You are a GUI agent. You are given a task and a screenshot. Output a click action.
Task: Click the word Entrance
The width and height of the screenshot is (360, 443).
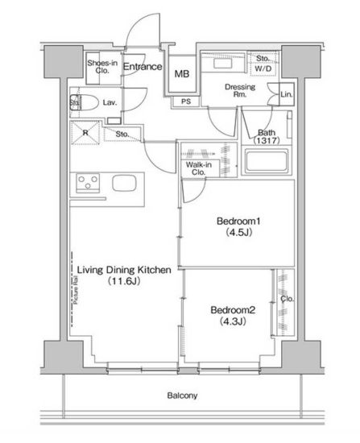143,67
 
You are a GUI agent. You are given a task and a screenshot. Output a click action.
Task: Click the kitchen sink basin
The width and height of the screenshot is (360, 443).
123,183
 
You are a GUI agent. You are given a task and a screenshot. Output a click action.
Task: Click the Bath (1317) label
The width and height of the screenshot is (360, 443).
267,138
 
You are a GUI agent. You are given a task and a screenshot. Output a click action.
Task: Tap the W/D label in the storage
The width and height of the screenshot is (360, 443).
263,68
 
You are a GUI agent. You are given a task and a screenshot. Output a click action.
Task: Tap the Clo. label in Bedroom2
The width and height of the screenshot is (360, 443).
287,298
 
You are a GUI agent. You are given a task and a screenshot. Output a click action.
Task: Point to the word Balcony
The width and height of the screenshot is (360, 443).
182,395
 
